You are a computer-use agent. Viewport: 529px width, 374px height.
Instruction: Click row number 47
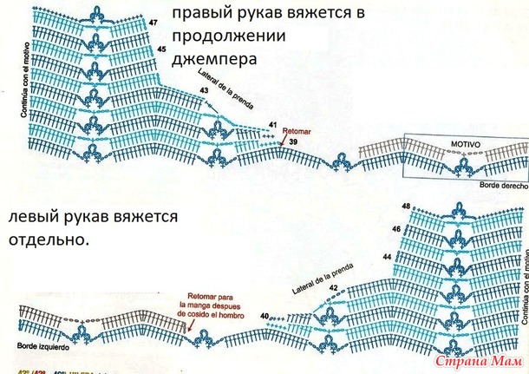coord(153,21)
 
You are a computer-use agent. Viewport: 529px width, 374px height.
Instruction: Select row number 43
coord(204,90)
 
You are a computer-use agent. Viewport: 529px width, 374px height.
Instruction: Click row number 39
coord(294,141)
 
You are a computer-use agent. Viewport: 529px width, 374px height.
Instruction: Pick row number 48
coord(406,206)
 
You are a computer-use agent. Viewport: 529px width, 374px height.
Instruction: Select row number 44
coord(387,258)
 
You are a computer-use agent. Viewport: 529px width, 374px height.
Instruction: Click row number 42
coord(333,287)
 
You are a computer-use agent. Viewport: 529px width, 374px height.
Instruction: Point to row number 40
coord(264,316)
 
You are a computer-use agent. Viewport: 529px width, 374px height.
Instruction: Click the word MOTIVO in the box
coord(465,140)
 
